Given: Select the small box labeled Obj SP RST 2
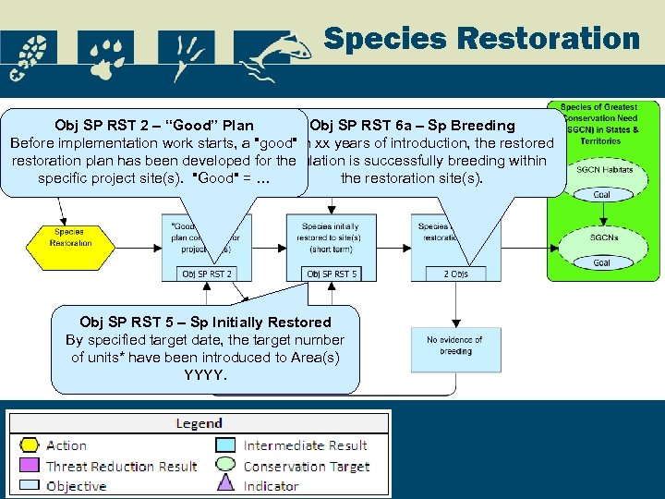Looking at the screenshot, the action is coord(207,274).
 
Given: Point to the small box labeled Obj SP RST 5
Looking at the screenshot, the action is coord(332,274).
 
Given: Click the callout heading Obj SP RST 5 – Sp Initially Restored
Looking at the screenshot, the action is coord(205,322).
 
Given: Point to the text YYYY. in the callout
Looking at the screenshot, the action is coord(205,375).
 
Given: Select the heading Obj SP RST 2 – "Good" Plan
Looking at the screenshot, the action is coord(154,125).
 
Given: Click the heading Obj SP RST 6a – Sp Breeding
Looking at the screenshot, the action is coord(412,125).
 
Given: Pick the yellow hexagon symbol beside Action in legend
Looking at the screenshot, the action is coord(29,445).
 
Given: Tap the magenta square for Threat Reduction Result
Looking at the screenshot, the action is coord(29,466).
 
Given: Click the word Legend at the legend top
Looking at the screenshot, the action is coord(199,423).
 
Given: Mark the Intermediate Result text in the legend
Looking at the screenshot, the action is coord(306,445).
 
